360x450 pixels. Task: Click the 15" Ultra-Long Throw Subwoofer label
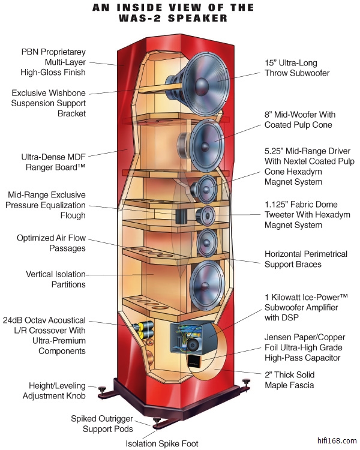pos(299,68)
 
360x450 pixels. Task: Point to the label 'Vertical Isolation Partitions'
pos(56,279)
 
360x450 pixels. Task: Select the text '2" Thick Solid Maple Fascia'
pos(290,380)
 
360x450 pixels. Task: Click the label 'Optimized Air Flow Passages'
pos(51,243)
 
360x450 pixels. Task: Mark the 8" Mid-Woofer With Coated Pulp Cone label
pos(300,119)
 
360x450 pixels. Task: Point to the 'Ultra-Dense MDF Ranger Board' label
pos(54,163)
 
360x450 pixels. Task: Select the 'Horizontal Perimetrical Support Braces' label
pos(306,259)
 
